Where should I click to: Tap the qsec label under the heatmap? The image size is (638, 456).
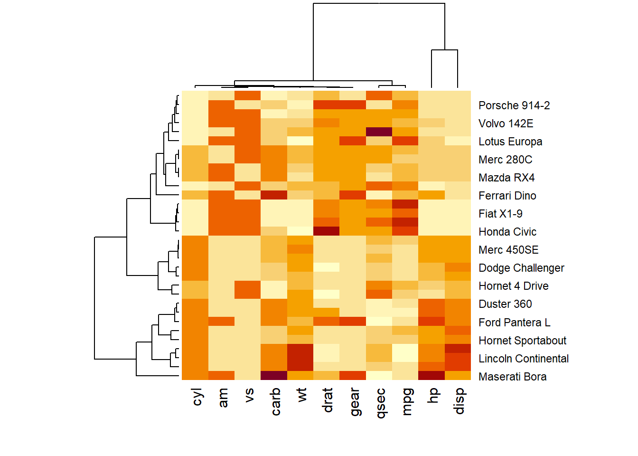[380, 403]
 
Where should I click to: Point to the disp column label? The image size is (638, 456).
[459, 401]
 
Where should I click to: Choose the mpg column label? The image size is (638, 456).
[406, 402]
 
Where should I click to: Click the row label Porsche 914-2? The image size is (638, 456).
[514, 105]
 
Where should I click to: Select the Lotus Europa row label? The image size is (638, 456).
[510, 142]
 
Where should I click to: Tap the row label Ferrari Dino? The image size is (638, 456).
[507, 196]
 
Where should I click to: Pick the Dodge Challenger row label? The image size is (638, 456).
[521, 268]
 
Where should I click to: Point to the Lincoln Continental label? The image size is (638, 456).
[524, 359]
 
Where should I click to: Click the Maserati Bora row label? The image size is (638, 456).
[513, 377]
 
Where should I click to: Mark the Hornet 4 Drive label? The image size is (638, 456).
[514, 286]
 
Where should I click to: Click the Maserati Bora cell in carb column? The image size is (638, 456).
[274, 375]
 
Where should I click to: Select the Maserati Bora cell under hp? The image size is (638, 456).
[432, 375]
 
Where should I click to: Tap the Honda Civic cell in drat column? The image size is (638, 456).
[326, 231]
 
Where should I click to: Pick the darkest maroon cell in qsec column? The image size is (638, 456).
[379, 132]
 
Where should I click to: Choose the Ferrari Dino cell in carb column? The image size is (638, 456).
[274, 195]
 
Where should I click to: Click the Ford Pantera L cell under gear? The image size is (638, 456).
[353, 321]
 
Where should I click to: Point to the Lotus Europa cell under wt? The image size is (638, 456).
[300, 141]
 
